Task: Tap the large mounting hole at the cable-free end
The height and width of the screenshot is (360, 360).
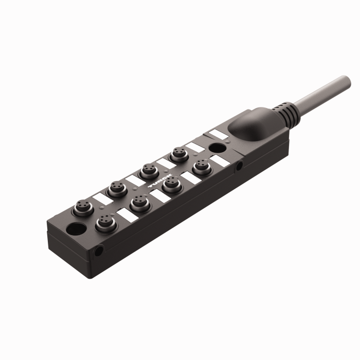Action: (x=77, y=228)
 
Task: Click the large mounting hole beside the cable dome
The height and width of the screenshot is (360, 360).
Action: (x=217, y=148)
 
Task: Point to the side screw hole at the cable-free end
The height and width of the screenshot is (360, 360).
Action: (x=98, y=251)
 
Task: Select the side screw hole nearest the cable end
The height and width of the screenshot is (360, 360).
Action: (x=239, y=166)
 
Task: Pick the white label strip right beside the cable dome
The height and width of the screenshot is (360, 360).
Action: (x=218, y=135)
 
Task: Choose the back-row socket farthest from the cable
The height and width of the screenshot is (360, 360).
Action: (x=83, y=208)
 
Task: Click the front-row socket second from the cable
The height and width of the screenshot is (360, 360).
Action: (x=170, y=184)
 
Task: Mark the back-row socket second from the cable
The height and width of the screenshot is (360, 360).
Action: (x=148, y=170)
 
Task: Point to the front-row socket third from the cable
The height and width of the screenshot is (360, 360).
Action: (x=139, y=202)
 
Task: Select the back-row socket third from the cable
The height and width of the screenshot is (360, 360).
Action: (x=116, y=189)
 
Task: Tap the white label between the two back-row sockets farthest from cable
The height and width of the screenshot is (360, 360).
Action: (x=100, y=197)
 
